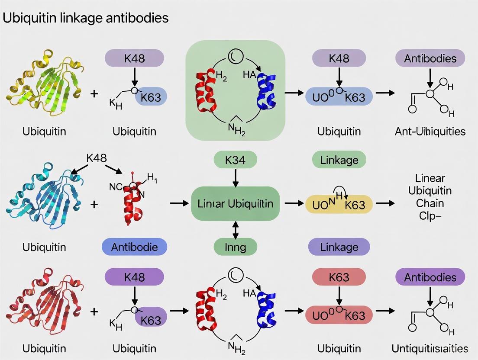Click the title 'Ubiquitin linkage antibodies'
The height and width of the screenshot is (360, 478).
(x=85, y=18)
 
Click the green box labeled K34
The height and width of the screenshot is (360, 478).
(x=235, y=160)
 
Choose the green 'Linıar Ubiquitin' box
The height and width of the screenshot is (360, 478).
(x=236, y=203)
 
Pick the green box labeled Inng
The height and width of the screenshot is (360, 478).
(x=235, y=247)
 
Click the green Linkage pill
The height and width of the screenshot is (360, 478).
(x=339, y=160)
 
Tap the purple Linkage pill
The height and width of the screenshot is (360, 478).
(x=339, y=247)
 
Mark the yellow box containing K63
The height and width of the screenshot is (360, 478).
(x=339, y=205)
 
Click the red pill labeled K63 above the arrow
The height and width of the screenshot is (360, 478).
(x=339, y=277)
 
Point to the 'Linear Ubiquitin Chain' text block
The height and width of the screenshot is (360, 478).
(x=430, y=196)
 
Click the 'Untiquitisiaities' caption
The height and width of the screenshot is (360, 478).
(x=430, y=348)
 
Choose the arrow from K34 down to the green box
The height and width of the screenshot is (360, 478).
(x=235, y=177)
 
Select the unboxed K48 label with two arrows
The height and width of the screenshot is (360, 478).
(x=97, y=158)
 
